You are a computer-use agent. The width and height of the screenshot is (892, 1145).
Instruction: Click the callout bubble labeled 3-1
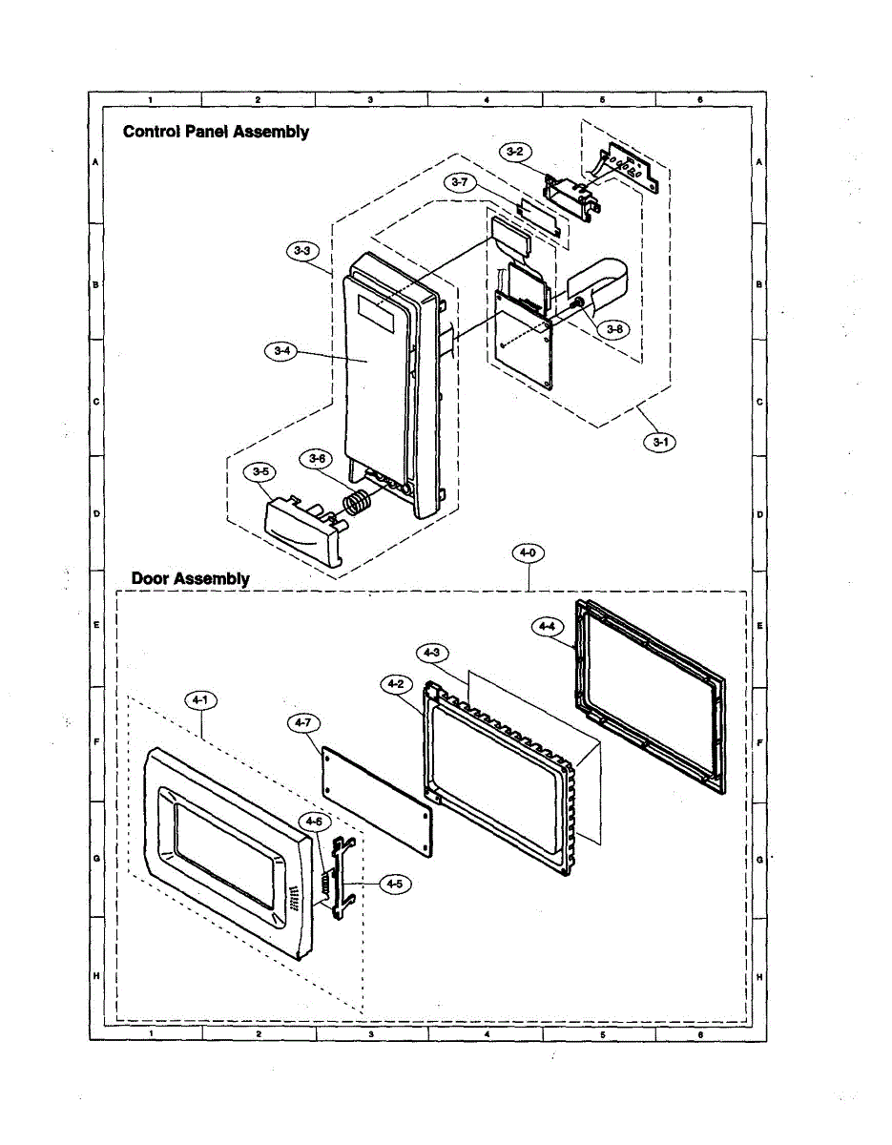pyautogui.click(x=657, y=442)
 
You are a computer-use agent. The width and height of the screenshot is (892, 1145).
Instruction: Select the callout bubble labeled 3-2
pyautogui.click(x=514, y=151)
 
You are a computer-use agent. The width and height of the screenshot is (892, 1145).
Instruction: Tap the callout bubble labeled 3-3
pyautogui.click(x=301, y=251)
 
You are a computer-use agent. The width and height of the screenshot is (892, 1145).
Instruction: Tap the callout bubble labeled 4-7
pyautogui.click(x=302, y=724)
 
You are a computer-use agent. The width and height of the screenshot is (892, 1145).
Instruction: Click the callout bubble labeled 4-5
pyautogui.click(x=392, y=885)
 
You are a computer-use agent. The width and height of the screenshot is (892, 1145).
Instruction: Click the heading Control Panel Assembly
pyautogui.click(x=216, y=132)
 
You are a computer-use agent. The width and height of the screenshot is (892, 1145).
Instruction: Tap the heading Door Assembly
pyautogui.click(x=190, y=578)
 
